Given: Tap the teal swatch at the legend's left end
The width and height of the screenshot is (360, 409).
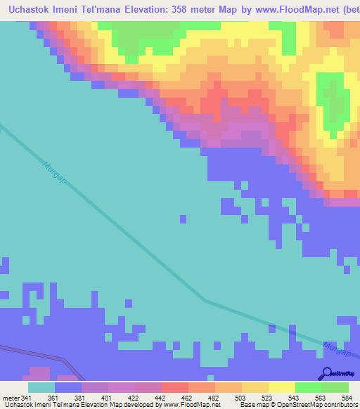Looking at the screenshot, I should tap(41, 387).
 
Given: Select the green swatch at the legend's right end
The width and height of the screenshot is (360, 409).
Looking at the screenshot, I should tap(335, 387).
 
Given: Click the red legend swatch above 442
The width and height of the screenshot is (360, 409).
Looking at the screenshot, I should tap(174, 387).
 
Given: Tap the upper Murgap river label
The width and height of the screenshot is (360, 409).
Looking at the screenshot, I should tap(53, 173).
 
